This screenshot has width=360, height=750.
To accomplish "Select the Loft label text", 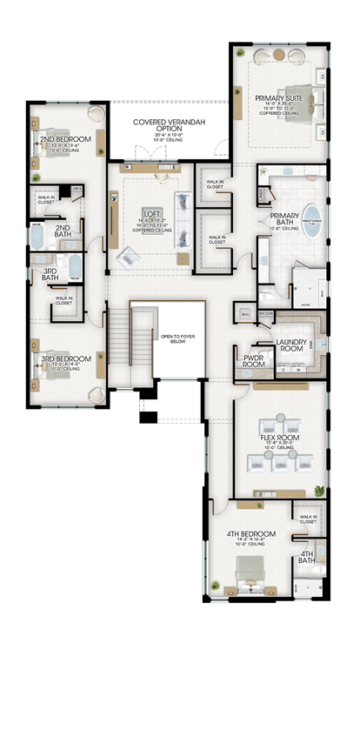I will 151,212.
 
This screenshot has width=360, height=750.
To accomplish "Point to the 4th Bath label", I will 307,557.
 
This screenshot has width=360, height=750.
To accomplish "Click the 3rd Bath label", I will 51,272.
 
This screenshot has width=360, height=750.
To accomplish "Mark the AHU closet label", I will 245,314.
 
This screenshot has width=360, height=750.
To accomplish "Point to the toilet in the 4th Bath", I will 319,548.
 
